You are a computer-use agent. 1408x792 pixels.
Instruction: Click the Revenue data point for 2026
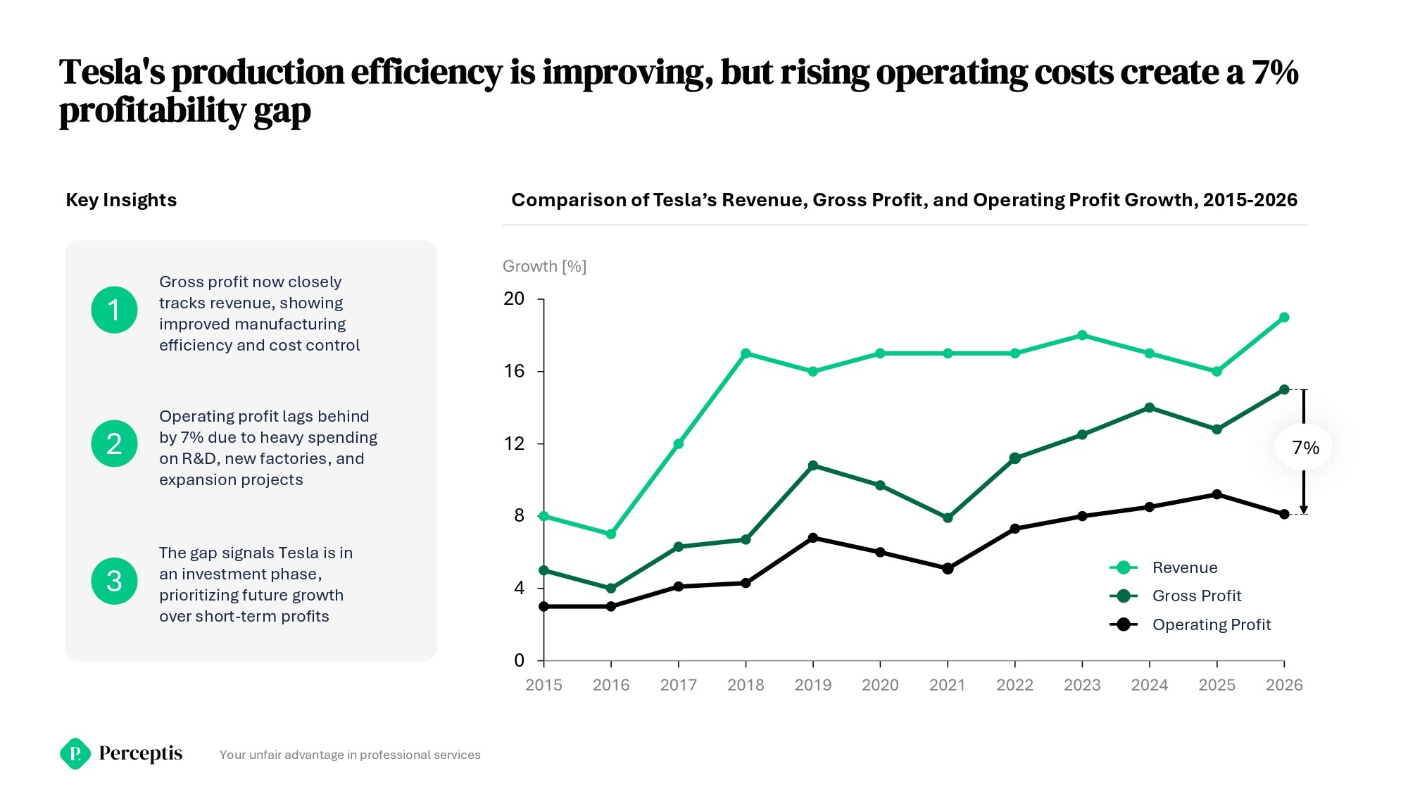(1284, 318)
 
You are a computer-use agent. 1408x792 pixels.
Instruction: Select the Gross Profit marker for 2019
(813, 465)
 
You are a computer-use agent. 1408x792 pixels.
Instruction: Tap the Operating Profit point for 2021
(948, 568)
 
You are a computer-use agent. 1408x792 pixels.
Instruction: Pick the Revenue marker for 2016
(611, 534)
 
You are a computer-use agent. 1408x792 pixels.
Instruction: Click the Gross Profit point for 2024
(1150, 408)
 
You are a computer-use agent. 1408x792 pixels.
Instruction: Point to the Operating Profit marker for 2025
(1217, 494)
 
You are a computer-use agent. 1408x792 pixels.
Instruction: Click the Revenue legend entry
(1184, 567)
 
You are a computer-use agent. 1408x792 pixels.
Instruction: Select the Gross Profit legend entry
(1196, 596)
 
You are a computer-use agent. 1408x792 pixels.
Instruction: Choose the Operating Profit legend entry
(1211, 624)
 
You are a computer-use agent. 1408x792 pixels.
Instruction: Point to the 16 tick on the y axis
(515, 371)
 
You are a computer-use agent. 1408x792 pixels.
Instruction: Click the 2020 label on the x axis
(880, 685)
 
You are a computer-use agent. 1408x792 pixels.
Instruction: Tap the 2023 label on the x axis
(1082, 685)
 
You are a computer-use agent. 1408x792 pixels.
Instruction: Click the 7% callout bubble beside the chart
(1305, 448)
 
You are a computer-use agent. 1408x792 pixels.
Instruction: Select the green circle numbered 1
(114, 310)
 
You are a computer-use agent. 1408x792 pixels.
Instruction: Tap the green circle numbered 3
(114, 581)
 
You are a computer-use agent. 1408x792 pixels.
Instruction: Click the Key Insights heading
(121, 200)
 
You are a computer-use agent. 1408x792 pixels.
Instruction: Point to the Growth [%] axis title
(544, 266)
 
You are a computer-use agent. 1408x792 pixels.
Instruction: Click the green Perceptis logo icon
(75, 754)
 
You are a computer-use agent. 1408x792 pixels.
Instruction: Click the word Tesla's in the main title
(112, 73)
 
